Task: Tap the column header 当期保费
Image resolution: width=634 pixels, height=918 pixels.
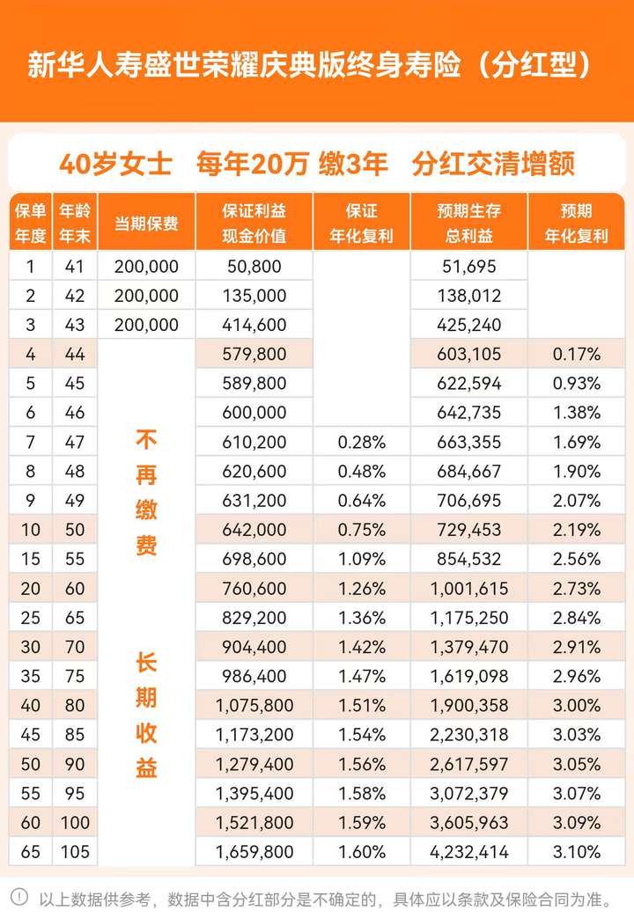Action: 146,224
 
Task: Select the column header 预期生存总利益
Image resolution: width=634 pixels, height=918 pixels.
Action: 468,224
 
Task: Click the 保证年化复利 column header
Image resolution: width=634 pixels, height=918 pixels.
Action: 361,224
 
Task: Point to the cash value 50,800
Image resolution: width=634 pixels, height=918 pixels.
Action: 254,267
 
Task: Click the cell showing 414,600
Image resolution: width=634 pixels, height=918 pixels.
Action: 254,325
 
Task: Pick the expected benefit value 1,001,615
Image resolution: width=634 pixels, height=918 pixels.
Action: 468,589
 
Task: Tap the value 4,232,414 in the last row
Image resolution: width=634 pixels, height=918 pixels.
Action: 468,851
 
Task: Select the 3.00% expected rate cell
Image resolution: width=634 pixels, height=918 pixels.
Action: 577,705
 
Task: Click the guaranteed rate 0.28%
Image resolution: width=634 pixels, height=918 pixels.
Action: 361,442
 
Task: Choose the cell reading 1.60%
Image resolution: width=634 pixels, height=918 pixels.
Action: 361,851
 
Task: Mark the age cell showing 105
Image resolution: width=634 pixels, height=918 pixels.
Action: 75,851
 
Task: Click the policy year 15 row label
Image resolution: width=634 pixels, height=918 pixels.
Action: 31,559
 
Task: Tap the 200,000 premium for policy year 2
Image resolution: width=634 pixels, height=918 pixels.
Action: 146,296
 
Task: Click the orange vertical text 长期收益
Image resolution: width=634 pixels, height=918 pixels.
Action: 146,715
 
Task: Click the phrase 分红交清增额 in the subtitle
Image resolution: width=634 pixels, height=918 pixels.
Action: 493,164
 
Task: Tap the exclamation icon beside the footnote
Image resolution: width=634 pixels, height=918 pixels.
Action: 19,898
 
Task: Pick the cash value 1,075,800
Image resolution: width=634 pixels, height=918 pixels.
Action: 254,705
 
